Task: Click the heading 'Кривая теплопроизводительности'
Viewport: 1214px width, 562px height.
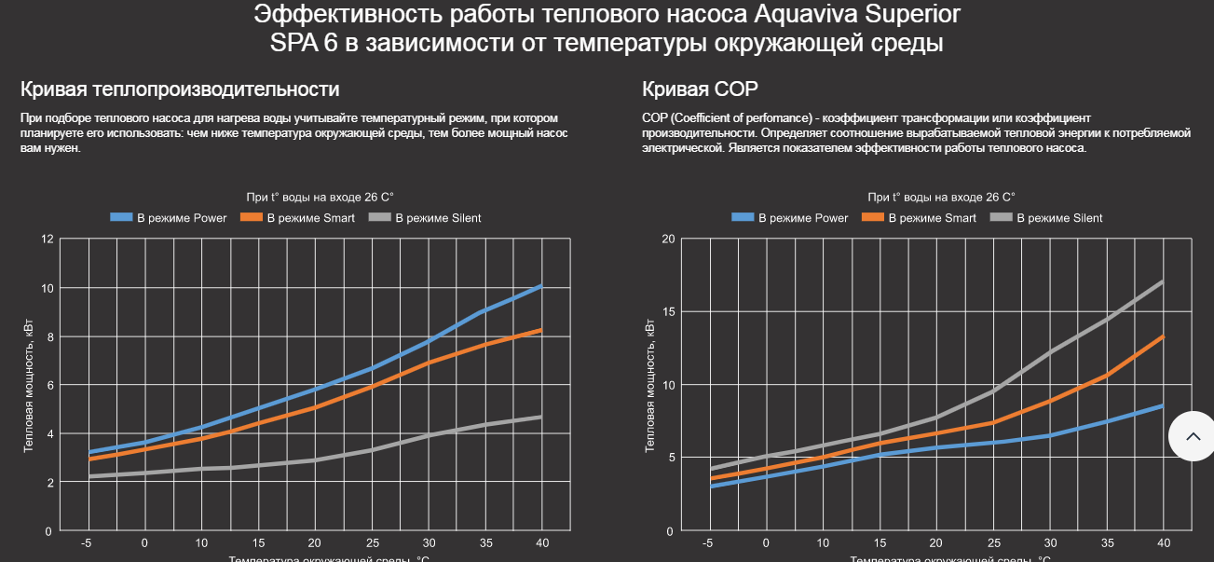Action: (x=180, y=89)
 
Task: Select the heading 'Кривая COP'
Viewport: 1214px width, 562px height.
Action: (x=700, y=89)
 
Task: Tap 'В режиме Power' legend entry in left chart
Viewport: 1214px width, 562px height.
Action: (x=169, y=218)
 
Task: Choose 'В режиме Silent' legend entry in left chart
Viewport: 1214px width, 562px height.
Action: (x=425, y=218)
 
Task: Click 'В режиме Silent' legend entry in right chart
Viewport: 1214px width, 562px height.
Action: (x=1045, y=218)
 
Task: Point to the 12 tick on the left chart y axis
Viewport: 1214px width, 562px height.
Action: (x=48, y=239)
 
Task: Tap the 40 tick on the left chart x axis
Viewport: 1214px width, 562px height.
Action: (x=541, y=543)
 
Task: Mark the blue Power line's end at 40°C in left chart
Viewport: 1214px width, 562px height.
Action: (x=541, y=286)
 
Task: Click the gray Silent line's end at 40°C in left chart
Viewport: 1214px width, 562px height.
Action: (x=541, y=417)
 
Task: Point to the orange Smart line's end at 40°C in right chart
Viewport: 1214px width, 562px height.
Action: (x=1163, y=336)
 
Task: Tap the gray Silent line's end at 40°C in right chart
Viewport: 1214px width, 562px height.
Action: (x=1163, y=281)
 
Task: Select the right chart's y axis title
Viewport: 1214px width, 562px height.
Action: (x=649, y=385)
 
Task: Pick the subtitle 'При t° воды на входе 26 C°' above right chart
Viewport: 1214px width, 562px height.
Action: (x=941, y=198)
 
